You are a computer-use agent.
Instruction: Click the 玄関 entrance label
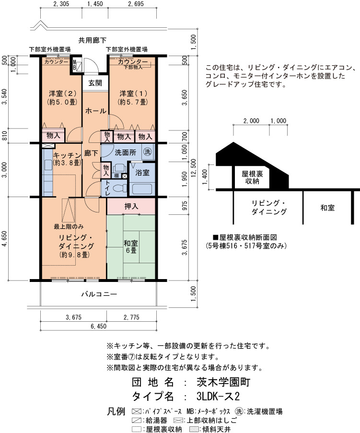tap(95, 83)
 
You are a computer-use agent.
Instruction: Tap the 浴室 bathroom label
tap(142, 173)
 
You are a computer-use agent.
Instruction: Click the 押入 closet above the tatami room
tap(131, 206)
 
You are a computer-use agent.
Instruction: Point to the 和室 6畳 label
tap(130, 246)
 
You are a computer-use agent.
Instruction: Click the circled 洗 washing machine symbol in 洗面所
tap(148, 152)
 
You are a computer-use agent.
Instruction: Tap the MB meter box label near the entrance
tap(74, 65)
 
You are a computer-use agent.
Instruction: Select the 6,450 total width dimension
tap(99, 327)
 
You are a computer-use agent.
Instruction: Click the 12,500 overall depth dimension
tap(193, 168)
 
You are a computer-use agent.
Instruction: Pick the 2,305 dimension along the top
tap(61, 4)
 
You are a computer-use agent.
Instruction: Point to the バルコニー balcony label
tap(99, 294)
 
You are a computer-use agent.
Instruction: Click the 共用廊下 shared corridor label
tap(93, 40)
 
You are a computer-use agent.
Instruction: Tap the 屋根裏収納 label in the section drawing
tap(252, 177)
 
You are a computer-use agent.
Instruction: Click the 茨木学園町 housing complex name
tap(223, 382)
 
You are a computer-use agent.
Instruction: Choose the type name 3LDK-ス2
tap(218, 397)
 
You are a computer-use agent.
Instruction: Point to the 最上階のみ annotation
tap(69, 227)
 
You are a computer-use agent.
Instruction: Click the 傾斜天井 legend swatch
tap(194, 430)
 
